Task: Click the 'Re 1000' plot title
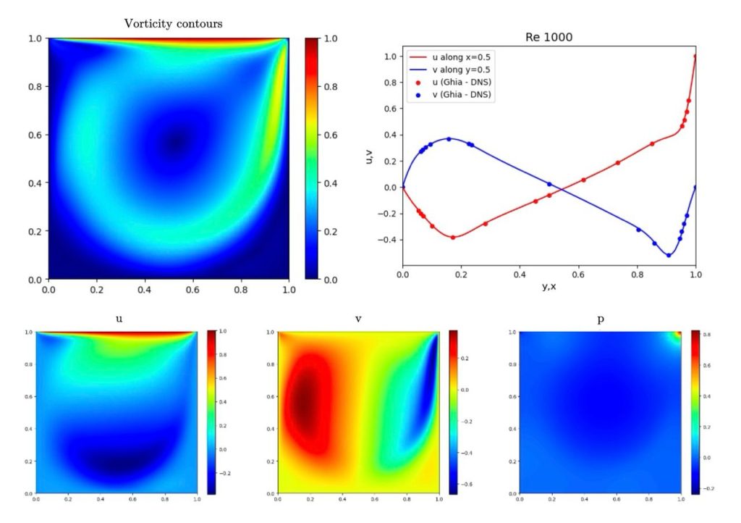tap(549, 37)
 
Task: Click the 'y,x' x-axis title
tap(549, 286)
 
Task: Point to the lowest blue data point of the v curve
tap(669, 255)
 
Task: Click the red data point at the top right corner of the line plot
tap(695, 57)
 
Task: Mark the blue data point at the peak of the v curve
tap(449, 138)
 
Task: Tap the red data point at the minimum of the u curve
tap(453, 237)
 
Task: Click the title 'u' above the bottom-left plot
tap(117, 318)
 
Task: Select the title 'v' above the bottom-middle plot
tap(359, 318)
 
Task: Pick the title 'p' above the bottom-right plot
tap(601, 318)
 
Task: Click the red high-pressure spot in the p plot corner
tap(678, 335)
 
